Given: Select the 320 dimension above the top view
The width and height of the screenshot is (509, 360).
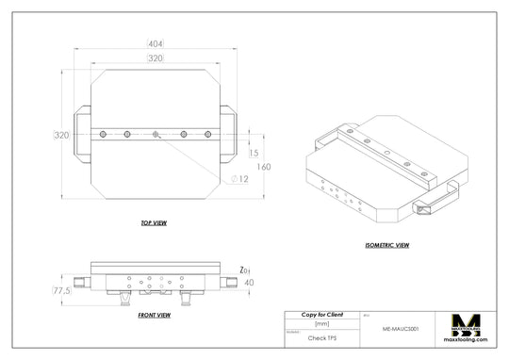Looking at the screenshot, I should coord(155,58).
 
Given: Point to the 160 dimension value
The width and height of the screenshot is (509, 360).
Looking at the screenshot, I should coord(265,167).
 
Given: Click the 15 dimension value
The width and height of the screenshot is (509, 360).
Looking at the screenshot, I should coord(253,153).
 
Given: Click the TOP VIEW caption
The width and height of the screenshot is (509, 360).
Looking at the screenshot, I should coord(154,225).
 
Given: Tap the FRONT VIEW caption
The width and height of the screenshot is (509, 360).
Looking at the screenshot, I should coord(154,314).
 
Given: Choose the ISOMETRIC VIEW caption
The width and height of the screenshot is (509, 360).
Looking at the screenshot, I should coord(386,245).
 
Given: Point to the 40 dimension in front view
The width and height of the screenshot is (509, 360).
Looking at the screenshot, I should coord(249,282).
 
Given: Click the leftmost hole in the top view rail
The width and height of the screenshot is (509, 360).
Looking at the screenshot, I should coord(99,136).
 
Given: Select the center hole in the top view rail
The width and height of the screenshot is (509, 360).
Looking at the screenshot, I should coord(155,136).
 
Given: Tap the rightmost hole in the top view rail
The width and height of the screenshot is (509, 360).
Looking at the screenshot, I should coord(210,136).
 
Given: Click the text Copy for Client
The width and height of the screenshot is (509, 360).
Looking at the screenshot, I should coord(321,313).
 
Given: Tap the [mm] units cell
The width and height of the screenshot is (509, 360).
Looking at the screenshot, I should coord(321,323).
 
